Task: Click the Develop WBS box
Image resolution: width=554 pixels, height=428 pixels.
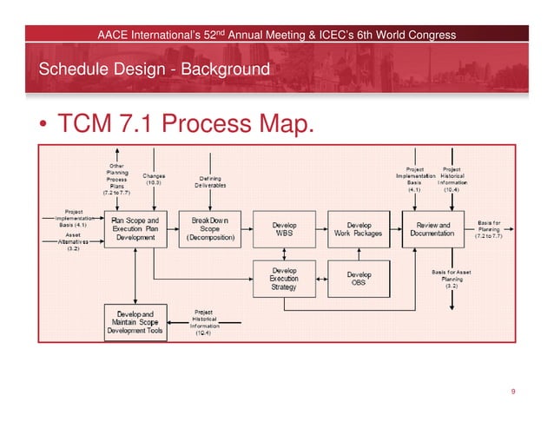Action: (x=284, y=228)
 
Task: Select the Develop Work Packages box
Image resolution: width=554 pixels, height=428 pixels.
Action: (x=358, y=228)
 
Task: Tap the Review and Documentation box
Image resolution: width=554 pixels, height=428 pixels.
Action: (x=433, y=228)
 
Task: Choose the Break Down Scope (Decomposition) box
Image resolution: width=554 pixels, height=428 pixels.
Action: (x=209, y=227)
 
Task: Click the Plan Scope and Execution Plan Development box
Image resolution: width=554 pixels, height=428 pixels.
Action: (x=135, y=227)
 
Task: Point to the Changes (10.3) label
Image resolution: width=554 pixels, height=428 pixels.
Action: (x=155, y=180)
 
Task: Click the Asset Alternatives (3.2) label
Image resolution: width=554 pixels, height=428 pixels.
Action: (x=74, y=241)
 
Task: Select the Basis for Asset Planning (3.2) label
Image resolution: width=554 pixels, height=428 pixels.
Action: (x=452, y=279)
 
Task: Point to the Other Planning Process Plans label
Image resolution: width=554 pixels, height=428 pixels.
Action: (x=115, y=181)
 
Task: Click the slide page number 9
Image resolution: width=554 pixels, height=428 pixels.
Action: (x=514, y=392)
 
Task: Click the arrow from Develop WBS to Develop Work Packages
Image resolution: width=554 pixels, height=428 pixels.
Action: (x=320, y=229)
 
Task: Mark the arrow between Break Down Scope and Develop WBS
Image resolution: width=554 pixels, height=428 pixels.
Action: (x=247, y=229)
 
